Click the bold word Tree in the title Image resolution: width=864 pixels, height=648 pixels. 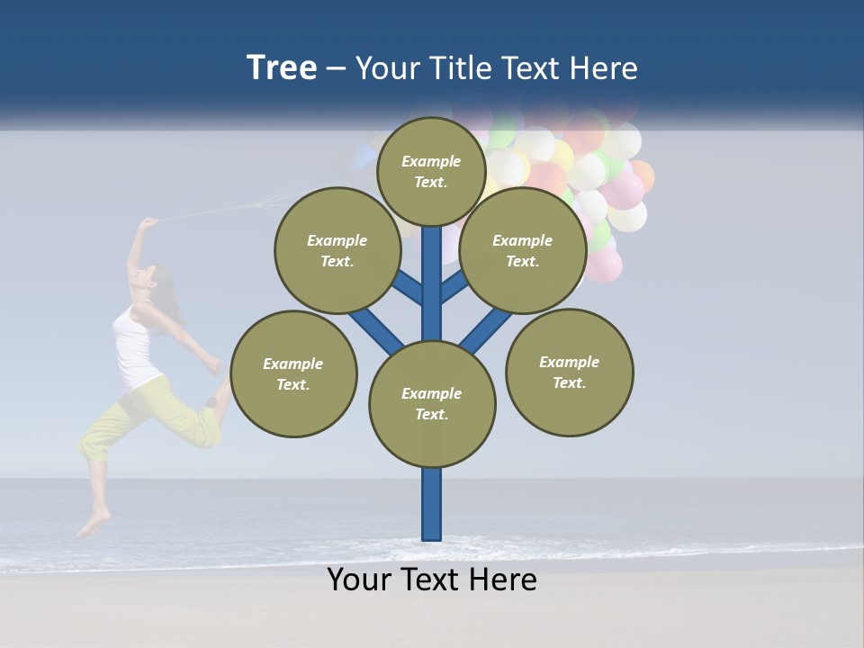[282, 67]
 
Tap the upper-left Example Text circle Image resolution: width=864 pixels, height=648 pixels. [337, 251]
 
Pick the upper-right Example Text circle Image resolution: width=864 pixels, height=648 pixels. [523, 251]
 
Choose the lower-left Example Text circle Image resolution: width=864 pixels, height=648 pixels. [293, 374]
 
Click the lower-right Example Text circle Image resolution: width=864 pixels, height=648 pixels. [569, 373]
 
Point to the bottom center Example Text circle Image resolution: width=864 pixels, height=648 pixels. [432, 404]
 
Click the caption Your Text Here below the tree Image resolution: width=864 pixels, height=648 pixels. [432, 580]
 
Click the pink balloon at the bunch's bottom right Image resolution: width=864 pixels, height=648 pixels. [604, 265]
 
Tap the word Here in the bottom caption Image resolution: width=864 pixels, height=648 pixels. [500, 580]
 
